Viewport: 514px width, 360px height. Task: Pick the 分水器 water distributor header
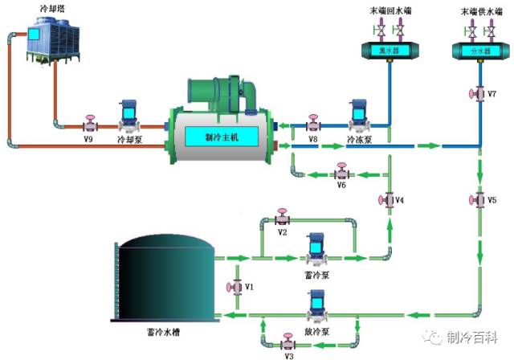pyautogui.click(x=479, y=51)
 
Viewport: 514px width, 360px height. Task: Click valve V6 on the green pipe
pyautogui.click(x=341, y=173)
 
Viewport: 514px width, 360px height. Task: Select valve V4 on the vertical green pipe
pyautogui.click(x=390, y=198)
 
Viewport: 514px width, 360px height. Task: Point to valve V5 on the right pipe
pyautogui.click(x=480, y=198)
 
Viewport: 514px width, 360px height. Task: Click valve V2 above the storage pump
pyautogui.click(x=281, y=219)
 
